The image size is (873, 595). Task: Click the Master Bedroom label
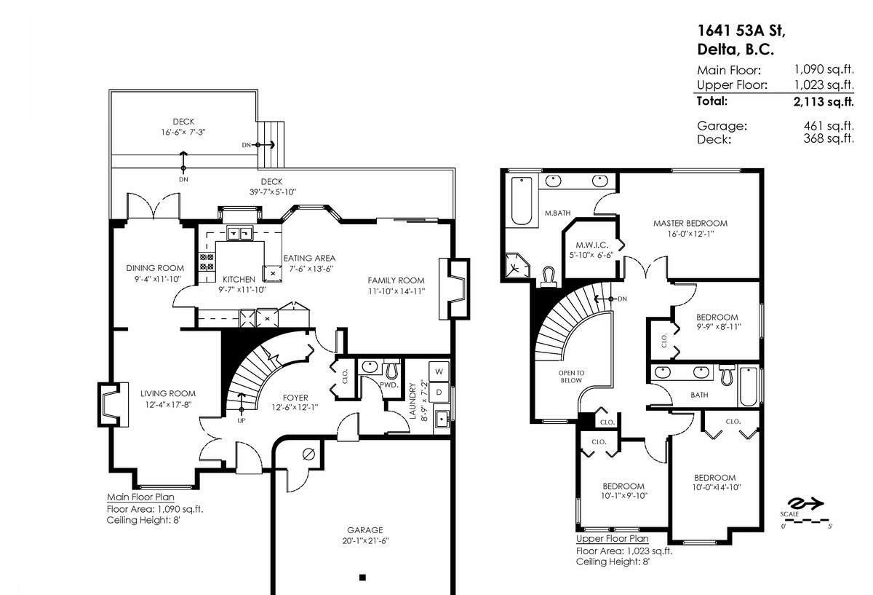[690, 224]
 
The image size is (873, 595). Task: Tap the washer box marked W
[439, 371]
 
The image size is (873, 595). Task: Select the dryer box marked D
[439, 393]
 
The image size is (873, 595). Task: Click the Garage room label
[364, 530]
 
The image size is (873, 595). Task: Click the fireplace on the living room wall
[111, 403]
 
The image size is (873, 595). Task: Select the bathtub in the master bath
[522, 200]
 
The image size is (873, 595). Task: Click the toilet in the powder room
[392, 369]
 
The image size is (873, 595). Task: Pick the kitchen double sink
[239, 233]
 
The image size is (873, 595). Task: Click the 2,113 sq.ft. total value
[824, 101]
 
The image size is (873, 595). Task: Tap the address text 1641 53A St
[741, 31]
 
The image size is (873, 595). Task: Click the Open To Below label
[572, 376]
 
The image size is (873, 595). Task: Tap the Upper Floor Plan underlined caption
[612, 539]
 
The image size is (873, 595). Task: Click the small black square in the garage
[362, 578]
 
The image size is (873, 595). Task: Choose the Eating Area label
[309, 258]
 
